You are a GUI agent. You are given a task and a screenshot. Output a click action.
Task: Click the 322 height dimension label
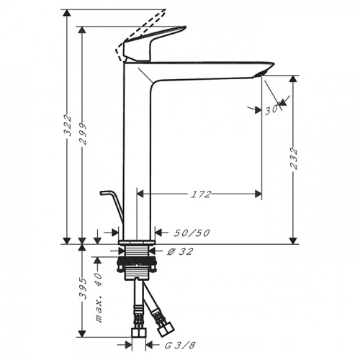click(68, 125)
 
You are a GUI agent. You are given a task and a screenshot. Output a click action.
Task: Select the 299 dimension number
click(83, 134)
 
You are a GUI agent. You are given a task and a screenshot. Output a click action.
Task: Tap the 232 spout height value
click(294, 158)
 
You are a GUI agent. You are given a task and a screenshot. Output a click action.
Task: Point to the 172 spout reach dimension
click(201, 194)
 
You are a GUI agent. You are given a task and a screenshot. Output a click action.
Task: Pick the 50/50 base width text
click(192, 233)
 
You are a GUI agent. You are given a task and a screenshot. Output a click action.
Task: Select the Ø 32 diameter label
click(180, 251)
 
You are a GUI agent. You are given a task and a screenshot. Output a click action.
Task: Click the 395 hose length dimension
click(83, 289)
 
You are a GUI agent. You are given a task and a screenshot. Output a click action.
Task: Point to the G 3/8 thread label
click(180, 345)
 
